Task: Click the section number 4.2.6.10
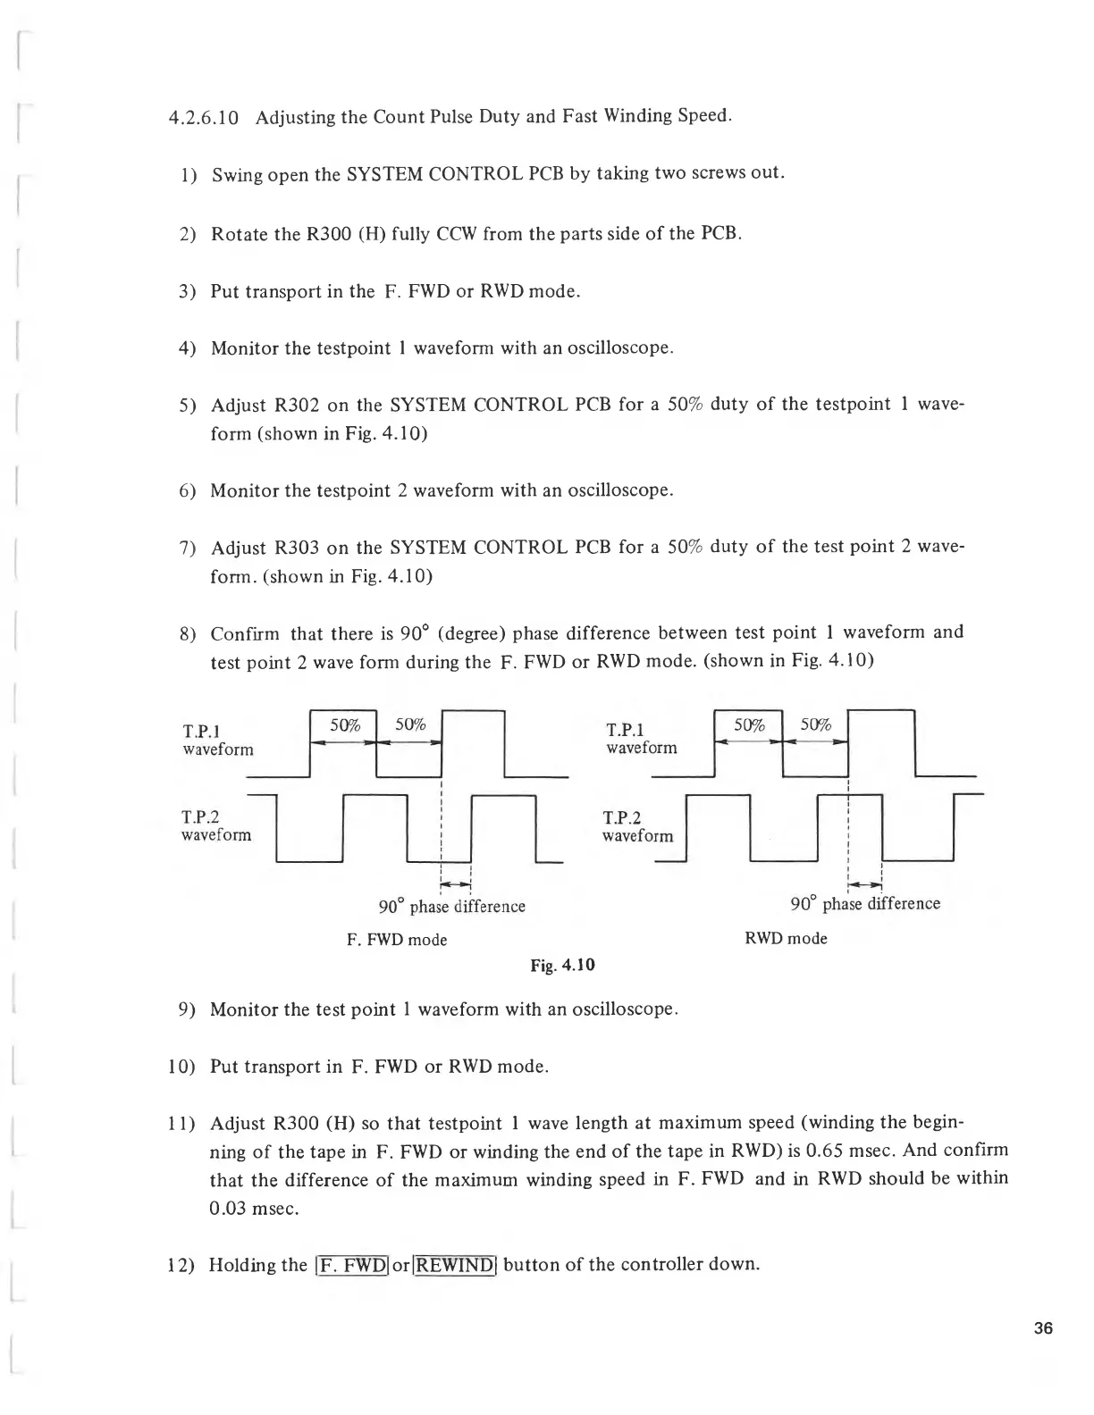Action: click(203, 119)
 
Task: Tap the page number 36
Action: click(1043, 1328)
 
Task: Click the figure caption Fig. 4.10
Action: click(562, 965)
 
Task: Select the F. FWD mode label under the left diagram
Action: click(397, 940)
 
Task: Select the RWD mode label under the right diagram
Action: click(786, 939)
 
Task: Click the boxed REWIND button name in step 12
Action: click(455, 1265)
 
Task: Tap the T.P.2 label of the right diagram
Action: click(622, 817)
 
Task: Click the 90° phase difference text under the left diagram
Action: click(451, 907)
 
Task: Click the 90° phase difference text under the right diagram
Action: click(865, 904)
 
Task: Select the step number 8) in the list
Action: click(188, 634)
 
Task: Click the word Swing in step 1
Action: click(235, 175)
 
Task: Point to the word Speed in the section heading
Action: click(703, 116)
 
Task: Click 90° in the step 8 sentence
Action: click(414, 633)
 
